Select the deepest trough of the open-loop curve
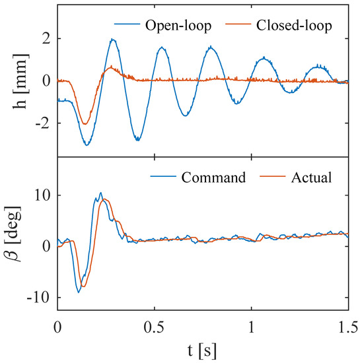(x=87, y=145)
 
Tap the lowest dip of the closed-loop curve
(x=84, y=123)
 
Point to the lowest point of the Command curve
(x=79, y=292)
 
